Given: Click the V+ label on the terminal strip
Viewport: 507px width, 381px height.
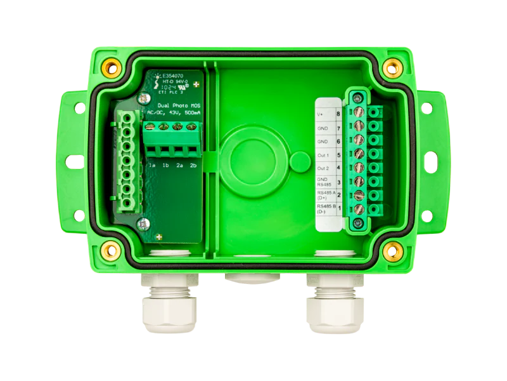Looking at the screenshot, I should coord(321,114).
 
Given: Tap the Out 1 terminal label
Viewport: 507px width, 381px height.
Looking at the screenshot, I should coord(324,154).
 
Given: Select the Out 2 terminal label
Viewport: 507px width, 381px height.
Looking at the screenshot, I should coord(324,168).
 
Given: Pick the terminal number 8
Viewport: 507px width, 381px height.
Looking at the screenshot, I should coord(338,114).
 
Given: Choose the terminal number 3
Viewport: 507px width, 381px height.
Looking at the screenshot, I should coord(338,181).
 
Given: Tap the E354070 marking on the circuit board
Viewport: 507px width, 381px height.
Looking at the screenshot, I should coord(175,74).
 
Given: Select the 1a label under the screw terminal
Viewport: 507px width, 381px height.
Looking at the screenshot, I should coord(151,166).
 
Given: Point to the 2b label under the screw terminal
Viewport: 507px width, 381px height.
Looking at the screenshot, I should coord(193,166).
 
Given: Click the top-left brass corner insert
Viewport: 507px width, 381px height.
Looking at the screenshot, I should coord(113,65).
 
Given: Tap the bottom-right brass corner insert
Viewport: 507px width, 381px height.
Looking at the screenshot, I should coord(393,249).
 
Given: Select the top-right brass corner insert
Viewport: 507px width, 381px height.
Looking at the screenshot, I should coord(393,65).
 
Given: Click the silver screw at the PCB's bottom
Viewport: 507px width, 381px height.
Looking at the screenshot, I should coord(143,223).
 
